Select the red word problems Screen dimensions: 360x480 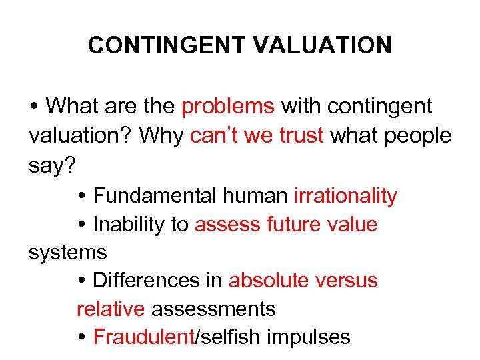tap(228, 106)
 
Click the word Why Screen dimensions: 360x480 tap(161, 135)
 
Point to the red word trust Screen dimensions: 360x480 tap(301, 135)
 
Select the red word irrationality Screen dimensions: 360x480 tap(345, 196)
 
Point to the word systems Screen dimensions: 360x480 tap(67, 253)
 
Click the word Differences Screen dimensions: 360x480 tap(149, 281)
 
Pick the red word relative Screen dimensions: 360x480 tap(111, 309)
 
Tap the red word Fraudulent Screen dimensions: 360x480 tap(143, 337)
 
